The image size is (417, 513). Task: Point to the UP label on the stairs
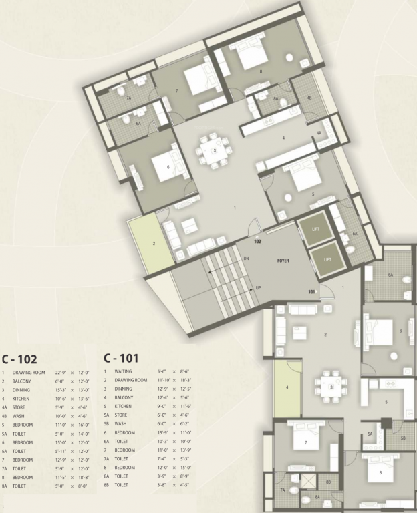[257, 288]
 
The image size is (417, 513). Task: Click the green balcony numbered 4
[288, 387]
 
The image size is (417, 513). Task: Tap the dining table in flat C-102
[214, 151]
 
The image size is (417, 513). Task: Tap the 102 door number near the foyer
[258, 241]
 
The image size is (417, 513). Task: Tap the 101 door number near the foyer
[311, 291]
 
